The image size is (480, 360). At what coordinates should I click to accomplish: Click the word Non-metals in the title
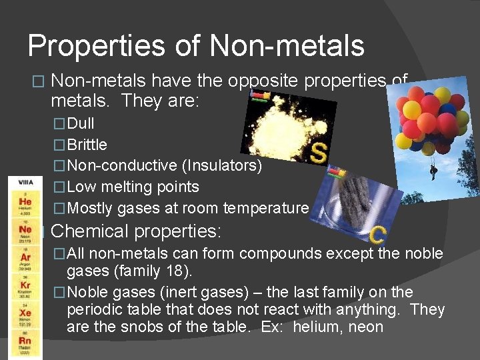click(x=287, y=46)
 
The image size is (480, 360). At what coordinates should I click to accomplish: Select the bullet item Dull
click(x=81, y=123)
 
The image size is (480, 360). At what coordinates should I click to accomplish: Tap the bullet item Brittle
click(x=87, y=145)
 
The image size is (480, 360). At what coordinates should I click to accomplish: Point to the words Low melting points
click(x=133, y=187)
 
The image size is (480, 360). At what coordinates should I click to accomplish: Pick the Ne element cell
click(x=25, y=233)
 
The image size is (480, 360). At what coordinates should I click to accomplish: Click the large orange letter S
click(x=318, y=152)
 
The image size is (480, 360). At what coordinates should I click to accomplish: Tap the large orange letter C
click(x=377, y=234)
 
